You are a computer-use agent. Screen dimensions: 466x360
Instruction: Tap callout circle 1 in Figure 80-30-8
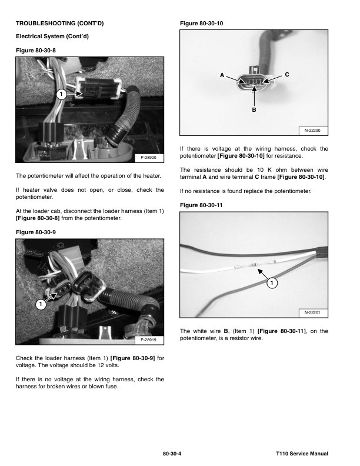click(60, 94)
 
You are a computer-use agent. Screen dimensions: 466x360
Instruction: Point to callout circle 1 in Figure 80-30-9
click(39, 305)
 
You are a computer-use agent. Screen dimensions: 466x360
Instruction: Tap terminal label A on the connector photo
click(222, 75)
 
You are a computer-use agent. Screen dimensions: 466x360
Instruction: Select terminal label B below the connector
click(254, 109)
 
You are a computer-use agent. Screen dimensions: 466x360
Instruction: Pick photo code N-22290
click(312, 130)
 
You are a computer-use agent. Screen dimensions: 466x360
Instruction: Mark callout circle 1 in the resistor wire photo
click(271, 284)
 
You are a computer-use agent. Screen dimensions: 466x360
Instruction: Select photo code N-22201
click(312, 312)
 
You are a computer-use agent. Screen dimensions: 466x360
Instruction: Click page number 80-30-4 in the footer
click(174, 454)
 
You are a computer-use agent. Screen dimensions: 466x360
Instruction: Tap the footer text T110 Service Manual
click(302, 454)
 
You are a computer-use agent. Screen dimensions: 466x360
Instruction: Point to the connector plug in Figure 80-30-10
click(253, 82)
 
